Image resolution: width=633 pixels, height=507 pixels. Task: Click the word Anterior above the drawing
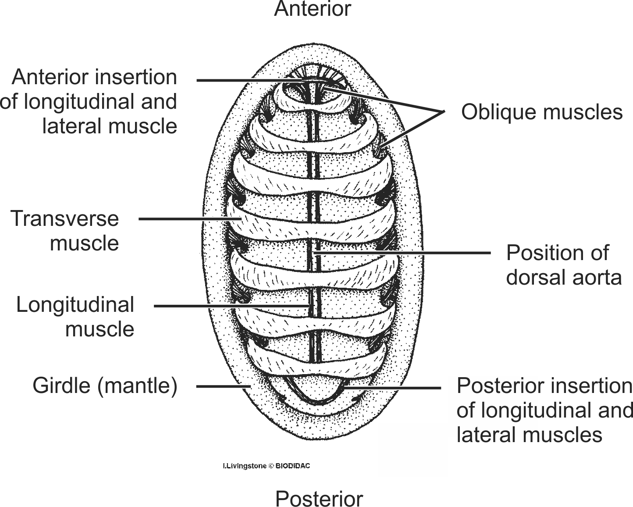(x=313, y=9)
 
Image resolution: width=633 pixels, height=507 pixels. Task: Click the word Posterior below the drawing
(x=319, y=499)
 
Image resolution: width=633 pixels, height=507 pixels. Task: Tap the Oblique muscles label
(x=541, y=112)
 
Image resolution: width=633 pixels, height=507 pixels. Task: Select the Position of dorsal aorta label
(x=563, y=265)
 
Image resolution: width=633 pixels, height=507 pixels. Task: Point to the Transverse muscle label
(x=65, y=230)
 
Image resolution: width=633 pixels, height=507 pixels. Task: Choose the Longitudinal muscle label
(x=75, y=317)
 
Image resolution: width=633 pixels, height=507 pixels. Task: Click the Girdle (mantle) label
(x=105, y=386)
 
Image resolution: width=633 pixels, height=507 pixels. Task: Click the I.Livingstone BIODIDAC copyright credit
(x=266, y=466)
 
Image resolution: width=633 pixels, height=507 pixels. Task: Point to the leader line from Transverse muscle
(x=188, y=218)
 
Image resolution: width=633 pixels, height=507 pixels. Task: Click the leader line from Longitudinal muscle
(x=228, y=306)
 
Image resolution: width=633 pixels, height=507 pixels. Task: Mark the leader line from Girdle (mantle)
(x=221, y=386)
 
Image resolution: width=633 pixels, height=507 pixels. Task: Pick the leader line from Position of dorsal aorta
(x=403, y=253)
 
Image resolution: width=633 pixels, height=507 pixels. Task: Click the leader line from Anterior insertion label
(x=245, y=80)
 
